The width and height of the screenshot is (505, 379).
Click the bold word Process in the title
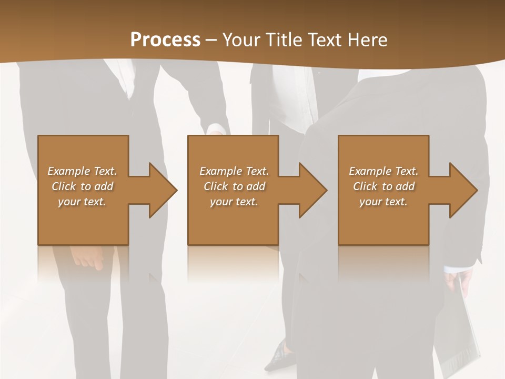click(165, 40)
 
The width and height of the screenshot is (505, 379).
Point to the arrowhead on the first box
click(163, 190)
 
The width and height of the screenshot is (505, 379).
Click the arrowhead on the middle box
click(312, 190)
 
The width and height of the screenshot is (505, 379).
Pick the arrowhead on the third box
click(463, 190)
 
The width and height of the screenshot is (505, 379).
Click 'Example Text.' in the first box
click(82, 171)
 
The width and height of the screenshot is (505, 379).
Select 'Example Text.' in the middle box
click(234, 171)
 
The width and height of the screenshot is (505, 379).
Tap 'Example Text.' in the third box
click(383, 171)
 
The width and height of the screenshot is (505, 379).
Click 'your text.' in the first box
click(82, 202)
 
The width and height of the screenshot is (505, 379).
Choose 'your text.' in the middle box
click(234, 202)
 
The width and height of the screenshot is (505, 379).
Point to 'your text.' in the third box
click(383, 202)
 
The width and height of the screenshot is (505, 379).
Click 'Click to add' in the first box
click(82, 186)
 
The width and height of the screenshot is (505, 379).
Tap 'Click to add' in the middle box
click(234, 186)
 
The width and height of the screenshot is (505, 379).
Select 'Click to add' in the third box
click(383, 186)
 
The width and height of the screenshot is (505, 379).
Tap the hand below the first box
click(89, 257)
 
